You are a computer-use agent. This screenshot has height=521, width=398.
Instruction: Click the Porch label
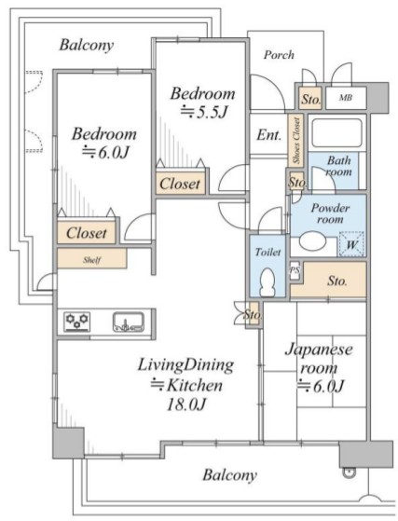point(279,55)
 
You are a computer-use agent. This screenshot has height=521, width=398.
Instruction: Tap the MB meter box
point(346,98)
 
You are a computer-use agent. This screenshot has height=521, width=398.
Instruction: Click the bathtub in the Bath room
point(336,132)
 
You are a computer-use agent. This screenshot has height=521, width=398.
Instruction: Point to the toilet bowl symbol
point(268,281)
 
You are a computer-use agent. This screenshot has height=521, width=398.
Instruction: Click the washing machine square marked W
point(351,244)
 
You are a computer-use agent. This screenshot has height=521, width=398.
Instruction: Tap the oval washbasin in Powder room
point(312,240)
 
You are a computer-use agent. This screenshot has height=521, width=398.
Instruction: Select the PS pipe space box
point(295,271)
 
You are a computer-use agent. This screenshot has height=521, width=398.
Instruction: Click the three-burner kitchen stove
point(77,322)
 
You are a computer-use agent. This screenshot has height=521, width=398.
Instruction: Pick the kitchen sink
point(129,322)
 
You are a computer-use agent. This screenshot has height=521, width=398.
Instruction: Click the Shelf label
point(92,260)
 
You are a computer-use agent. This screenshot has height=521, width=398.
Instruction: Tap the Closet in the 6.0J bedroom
point(87,233)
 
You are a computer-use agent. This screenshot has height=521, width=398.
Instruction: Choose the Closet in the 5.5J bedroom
point(180,184)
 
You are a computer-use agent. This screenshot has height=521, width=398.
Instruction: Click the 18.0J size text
point(186,404)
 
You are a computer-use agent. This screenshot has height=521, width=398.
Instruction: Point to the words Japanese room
point(319,359)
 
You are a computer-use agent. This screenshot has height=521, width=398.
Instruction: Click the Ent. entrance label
point(269,135)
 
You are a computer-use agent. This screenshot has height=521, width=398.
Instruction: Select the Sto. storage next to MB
point(310,99)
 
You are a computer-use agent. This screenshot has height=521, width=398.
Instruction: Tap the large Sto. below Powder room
point(336,281)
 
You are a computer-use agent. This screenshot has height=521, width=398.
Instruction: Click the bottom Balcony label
point(230,475)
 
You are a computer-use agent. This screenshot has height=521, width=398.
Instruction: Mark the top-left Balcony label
point(87,45)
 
